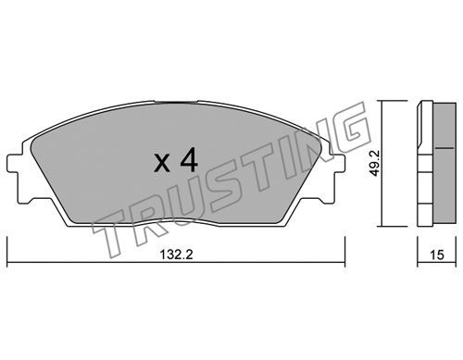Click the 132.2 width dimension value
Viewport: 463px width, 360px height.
[176, 254]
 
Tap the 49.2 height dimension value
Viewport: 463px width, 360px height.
[375, 164]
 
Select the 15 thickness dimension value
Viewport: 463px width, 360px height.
[437, 254]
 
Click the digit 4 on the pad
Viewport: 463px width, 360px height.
[189, 159]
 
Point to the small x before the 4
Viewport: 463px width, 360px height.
[162, 163]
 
